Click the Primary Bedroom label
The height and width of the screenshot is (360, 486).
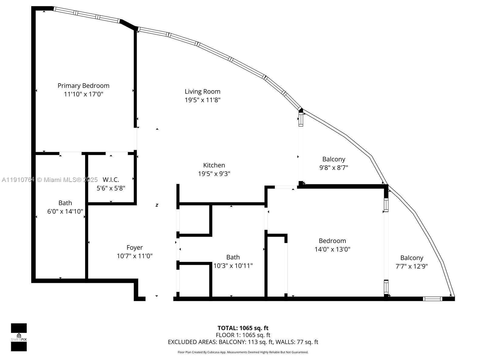click(x=84, y=86)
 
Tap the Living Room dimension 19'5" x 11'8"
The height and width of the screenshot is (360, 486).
click(x=202, y=100)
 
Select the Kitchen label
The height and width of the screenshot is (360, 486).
click(x=214, y=165)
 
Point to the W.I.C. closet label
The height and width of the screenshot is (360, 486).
click(x=111, y=180)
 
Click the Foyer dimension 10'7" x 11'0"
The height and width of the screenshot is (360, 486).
click(x=135, y=256)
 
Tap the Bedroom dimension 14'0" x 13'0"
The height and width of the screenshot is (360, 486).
click(x=332, y=249)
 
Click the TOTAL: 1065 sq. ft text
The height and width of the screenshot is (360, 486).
click(x=243, y=328)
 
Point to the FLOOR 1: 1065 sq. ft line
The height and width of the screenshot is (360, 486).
click(x=243, y=335)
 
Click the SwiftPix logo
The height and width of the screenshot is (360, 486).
click(x=19, y=337)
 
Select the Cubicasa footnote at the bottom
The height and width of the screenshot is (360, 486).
click(x=243, y=352)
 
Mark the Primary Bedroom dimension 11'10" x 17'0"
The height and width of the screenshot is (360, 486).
click(x=84, y=94)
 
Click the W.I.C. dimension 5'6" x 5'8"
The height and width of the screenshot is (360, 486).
click(x=111, y=188)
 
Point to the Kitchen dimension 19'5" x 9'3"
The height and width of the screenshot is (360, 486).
click(x=214, y=174)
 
